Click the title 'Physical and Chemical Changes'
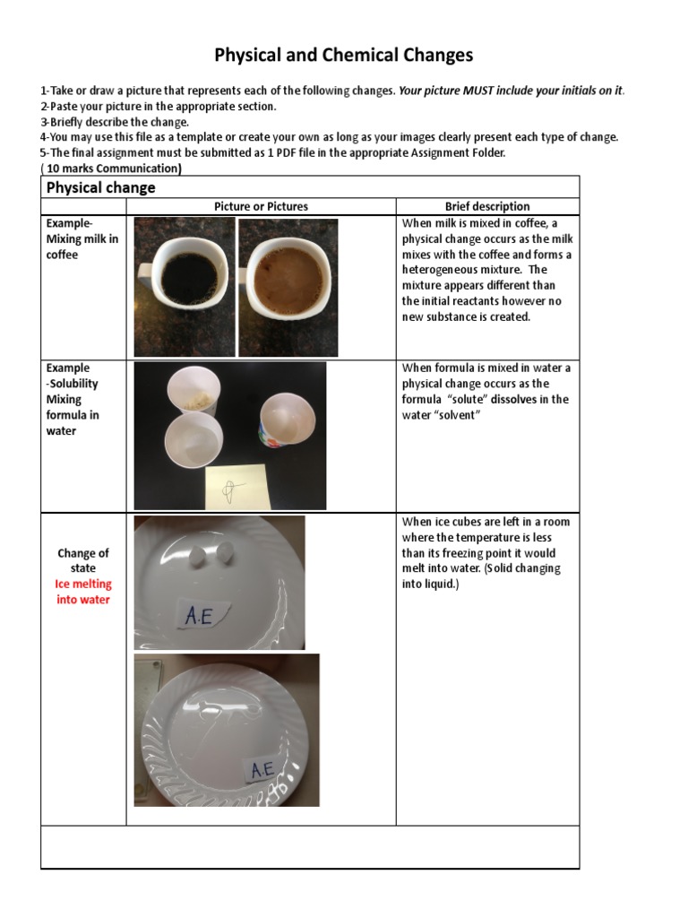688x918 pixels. point(344,56)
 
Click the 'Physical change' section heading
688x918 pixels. point(100,187)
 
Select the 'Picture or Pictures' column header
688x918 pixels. point(261,206)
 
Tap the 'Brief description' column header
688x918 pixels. point(487,206)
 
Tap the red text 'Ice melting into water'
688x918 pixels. point(83,592)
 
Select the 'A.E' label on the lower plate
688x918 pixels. point(262,769)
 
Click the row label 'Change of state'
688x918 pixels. point(83,560)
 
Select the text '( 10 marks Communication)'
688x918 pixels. point(111,168)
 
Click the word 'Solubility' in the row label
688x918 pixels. point(74,384)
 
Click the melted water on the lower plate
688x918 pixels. point(219,717)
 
